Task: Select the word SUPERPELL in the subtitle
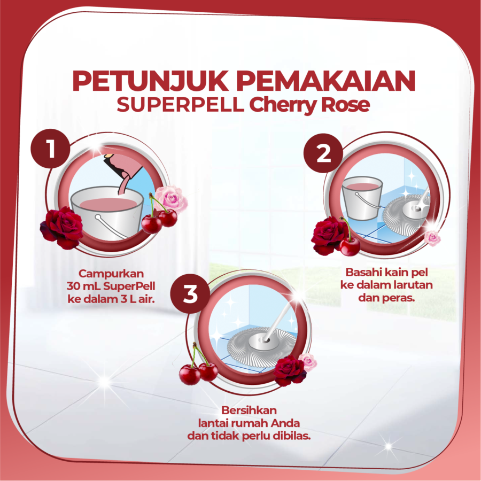tap(180, 105)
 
